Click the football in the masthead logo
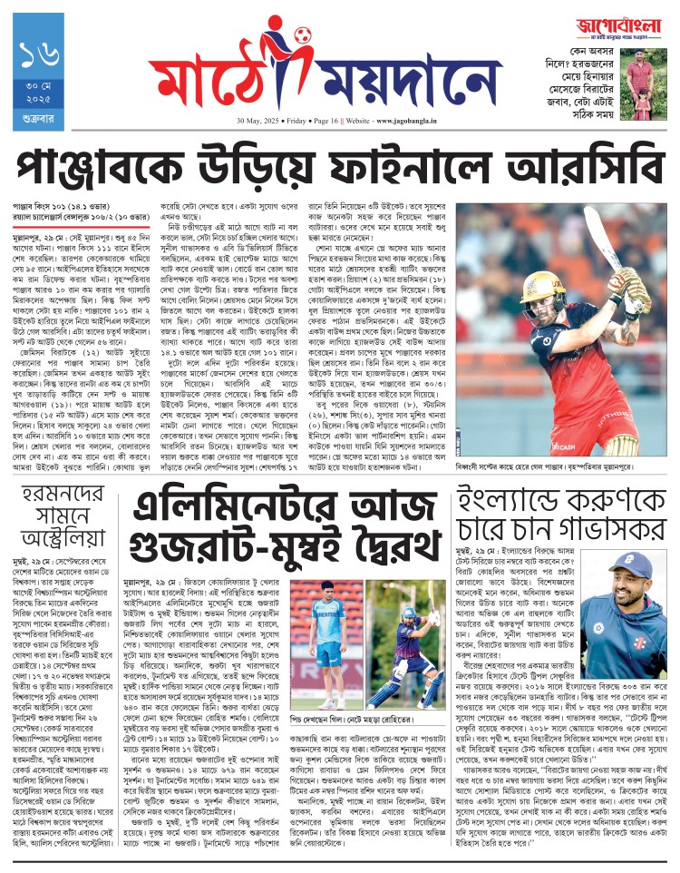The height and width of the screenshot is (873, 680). tap(301, 36)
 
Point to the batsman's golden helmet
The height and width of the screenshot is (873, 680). tap(538, 284)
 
